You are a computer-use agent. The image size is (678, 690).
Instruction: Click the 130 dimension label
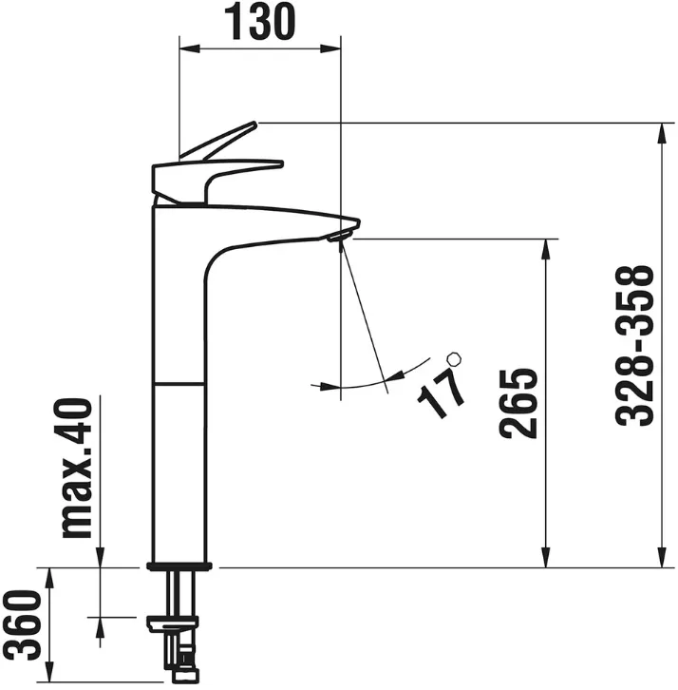260,21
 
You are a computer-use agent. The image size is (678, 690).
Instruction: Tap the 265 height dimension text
518,403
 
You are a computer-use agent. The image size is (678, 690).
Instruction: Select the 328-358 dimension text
634,345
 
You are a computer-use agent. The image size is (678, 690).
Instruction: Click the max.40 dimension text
77,468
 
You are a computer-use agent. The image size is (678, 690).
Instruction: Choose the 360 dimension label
22,625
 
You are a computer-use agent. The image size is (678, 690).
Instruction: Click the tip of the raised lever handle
254,124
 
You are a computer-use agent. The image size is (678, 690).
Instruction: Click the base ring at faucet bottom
179,566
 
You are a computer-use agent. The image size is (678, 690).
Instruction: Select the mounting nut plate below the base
173,623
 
